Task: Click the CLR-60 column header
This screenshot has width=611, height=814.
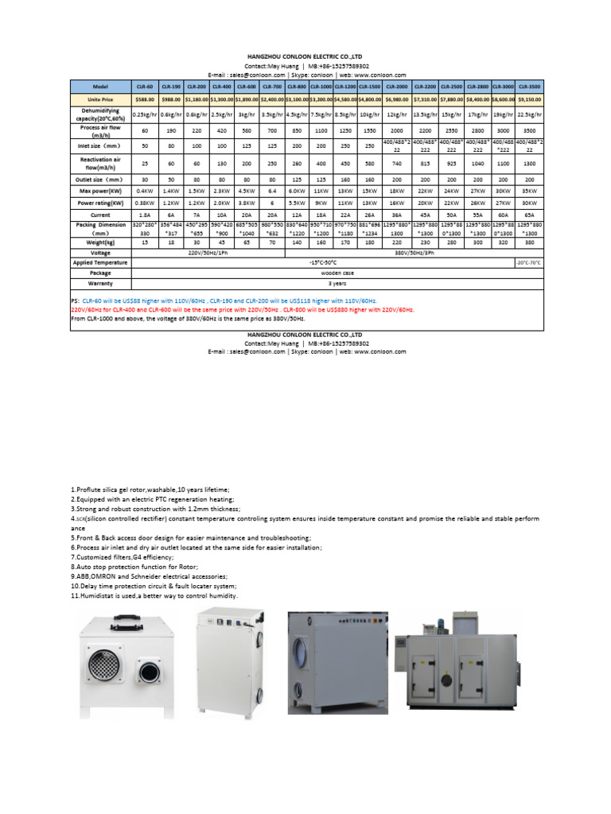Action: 144,85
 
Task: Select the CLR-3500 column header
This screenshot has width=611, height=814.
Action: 530,85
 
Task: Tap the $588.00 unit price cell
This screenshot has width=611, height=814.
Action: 144,99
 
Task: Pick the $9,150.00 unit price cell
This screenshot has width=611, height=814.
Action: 530,99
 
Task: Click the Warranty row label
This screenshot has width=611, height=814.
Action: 100,282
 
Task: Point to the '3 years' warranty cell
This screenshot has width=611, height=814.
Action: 337,282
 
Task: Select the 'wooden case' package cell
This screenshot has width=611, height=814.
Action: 337,272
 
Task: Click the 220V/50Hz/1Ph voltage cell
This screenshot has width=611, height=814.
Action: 208,252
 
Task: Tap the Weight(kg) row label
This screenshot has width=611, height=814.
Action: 100,242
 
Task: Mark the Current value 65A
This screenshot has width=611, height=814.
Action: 530,214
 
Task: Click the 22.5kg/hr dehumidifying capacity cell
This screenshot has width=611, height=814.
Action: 530,114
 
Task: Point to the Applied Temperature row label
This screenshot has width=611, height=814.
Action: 100,262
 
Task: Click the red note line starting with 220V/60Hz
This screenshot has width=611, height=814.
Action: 243,310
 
